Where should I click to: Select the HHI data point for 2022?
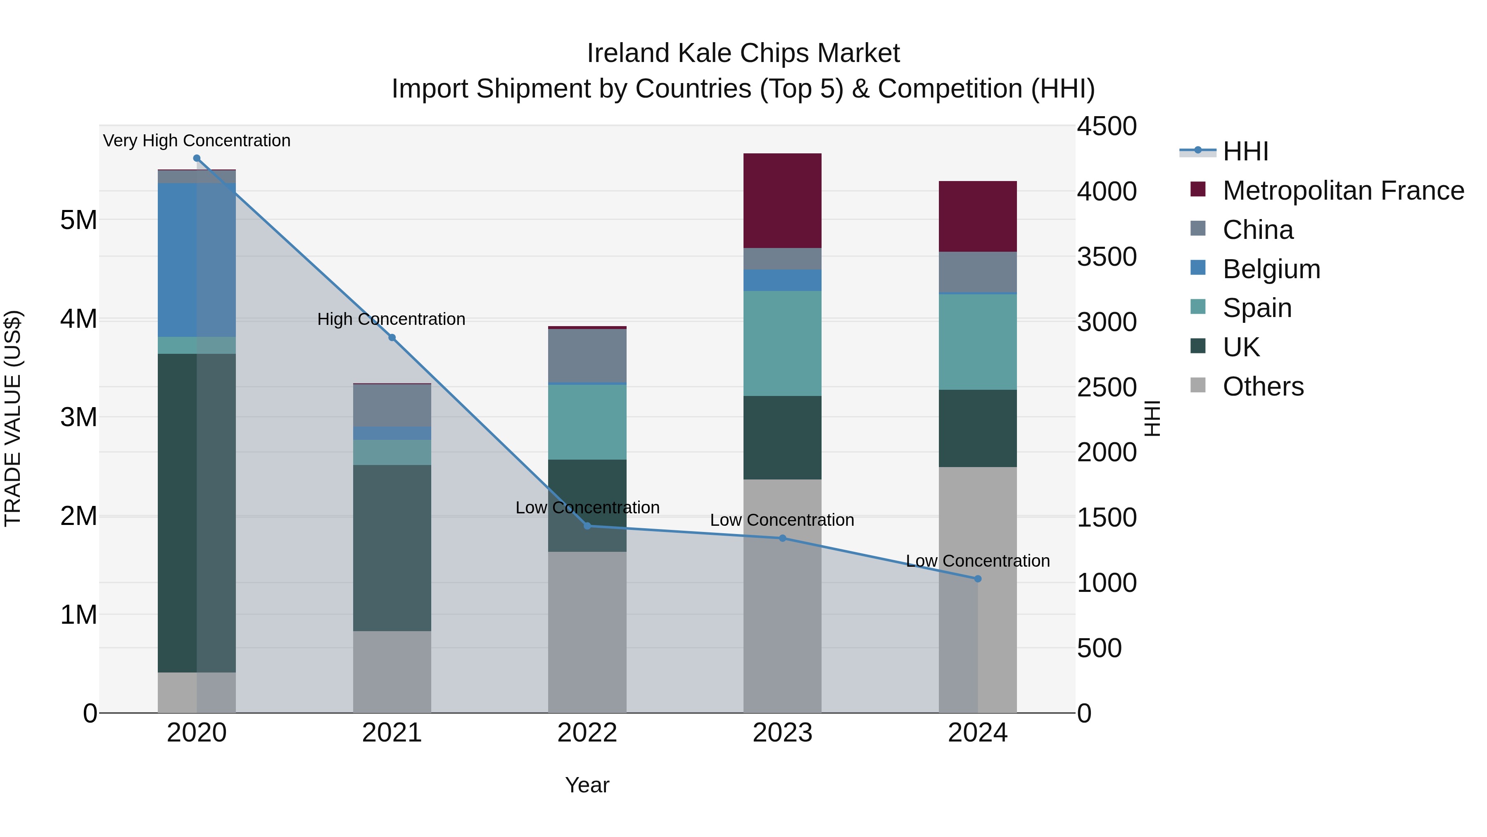[587, 526]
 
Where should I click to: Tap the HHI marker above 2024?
[977, 578]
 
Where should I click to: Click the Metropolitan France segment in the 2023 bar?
[782, 200]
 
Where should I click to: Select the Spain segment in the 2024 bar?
[977, 342]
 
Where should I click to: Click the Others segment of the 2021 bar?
[392, 671]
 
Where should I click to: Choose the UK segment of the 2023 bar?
[782, 437]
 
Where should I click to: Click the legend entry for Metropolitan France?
[1343, 191]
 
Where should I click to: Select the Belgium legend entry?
[1271, 269]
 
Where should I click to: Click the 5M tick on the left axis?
[79, 220]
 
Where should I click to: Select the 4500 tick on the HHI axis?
[1106, 126]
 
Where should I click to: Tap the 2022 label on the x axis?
[587, 733]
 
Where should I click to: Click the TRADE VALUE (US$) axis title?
[13, 418]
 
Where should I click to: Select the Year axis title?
[587, 785]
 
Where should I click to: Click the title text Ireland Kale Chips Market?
[743, 53]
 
